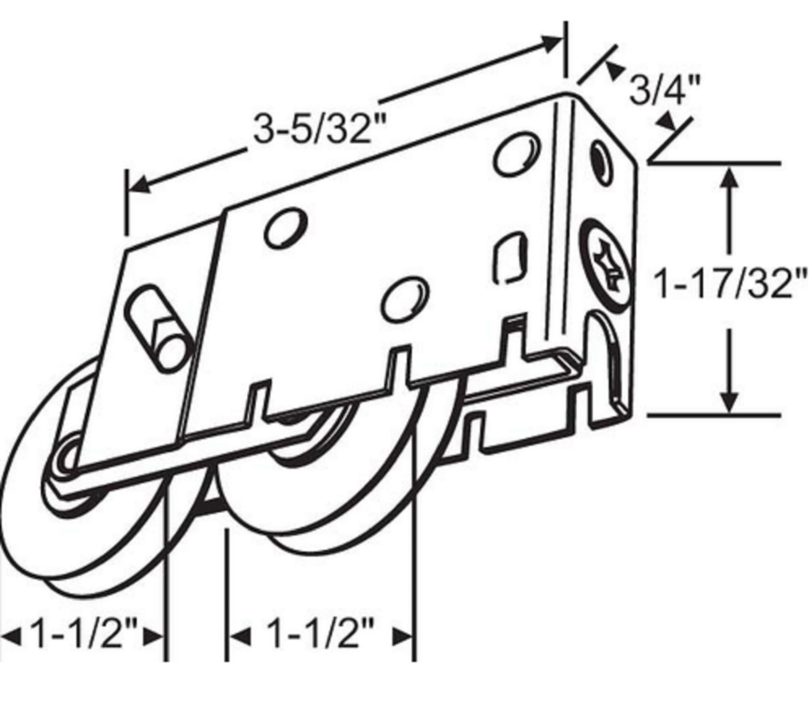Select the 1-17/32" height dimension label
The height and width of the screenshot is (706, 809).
[730, 283]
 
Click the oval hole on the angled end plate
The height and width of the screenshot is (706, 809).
[601, 162]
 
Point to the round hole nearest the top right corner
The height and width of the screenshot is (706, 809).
[517, 154]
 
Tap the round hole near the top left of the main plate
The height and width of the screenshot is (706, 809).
[286, 228]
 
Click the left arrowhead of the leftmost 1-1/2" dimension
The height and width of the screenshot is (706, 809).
[10, 637]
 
